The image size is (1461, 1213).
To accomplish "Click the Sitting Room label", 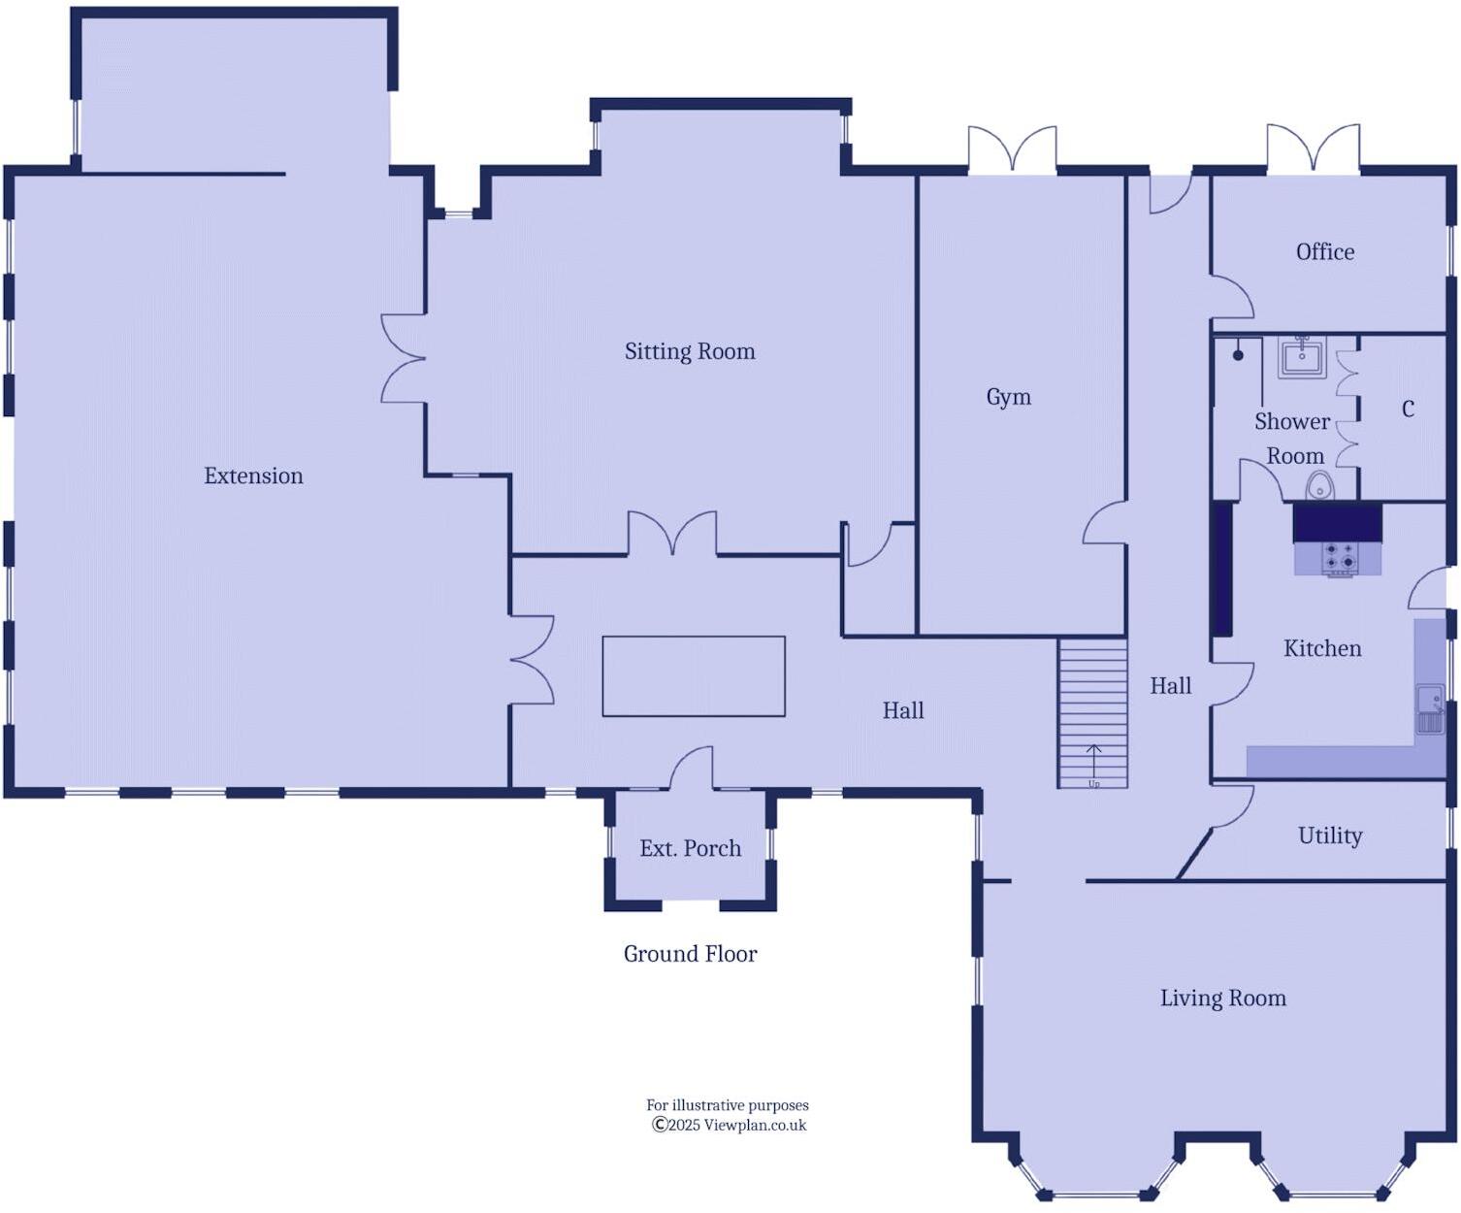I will point(690,351).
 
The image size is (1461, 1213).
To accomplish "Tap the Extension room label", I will point(253,475).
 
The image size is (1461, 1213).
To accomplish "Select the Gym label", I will point(1008,397).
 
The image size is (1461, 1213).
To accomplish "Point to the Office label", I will point(1324,252).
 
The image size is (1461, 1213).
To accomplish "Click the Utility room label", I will point(1329,836).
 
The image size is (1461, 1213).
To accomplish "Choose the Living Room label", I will point(1222,998).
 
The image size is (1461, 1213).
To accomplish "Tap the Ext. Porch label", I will point(690,848).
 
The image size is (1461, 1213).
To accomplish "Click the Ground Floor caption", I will point(690,954).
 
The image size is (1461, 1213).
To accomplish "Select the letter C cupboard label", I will point(1408,410).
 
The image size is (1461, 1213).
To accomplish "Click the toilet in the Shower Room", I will point(1319,485).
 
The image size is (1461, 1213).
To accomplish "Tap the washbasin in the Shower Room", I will point(1301,358).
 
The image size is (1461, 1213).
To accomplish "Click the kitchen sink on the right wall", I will point(1430,708).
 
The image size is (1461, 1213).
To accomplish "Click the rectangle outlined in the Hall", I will point(694,676).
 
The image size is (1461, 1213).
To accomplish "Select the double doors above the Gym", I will point(1012,151).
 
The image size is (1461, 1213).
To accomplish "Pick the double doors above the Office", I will point(1313,149).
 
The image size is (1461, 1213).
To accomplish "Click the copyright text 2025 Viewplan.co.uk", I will point(729,1126).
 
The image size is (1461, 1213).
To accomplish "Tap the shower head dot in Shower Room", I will point(1238,355).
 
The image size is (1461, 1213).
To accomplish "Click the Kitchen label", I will point(1321,648).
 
